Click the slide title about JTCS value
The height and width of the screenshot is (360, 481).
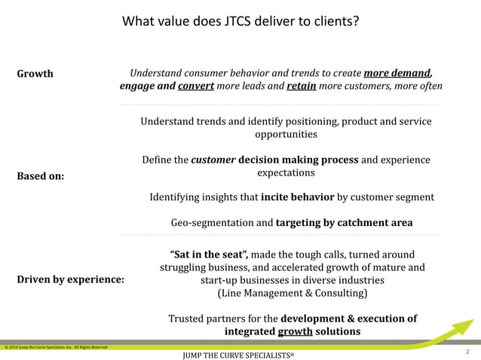240,21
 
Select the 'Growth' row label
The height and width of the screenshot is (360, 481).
35,74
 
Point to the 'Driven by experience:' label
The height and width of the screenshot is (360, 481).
71,279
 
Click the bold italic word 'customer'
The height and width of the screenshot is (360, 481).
213,160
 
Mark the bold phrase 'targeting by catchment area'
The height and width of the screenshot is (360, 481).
344,223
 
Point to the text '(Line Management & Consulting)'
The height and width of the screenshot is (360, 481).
292,293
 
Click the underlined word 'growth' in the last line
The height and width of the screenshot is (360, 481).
294,331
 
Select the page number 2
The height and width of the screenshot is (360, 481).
468,351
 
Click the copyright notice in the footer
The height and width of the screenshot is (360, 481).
54,347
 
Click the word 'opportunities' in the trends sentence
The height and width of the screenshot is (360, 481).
286,134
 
